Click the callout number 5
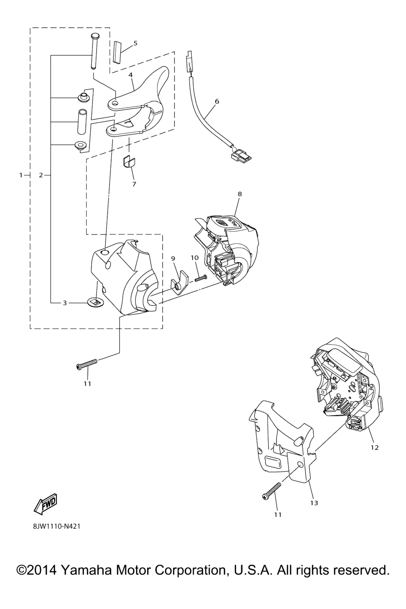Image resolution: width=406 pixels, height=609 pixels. coord(136,43)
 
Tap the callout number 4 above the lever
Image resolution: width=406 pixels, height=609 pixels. coord(130,75)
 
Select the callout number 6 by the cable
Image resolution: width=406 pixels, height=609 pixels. coord(217,101)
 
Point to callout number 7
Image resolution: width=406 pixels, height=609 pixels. coord(134,184)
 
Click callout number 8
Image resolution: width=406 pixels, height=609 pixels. coord(239,194)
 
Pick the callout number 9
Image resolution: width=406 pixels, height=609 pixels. coord(173,259)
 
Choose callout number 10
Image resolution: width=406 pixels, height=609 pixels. coord(195,257)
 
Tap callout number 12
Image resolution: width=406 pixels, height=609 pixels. coord(374,447)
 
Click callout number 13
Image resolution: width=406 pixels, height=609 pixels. coord(314,503)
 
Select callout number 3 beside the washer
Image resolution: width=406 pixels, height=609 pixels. coord(65,303)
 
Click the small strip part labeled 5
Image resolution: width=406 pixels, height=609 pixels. coord(117,52)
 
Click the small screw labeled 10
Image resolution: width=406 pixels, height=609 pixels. coord(201,279)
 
